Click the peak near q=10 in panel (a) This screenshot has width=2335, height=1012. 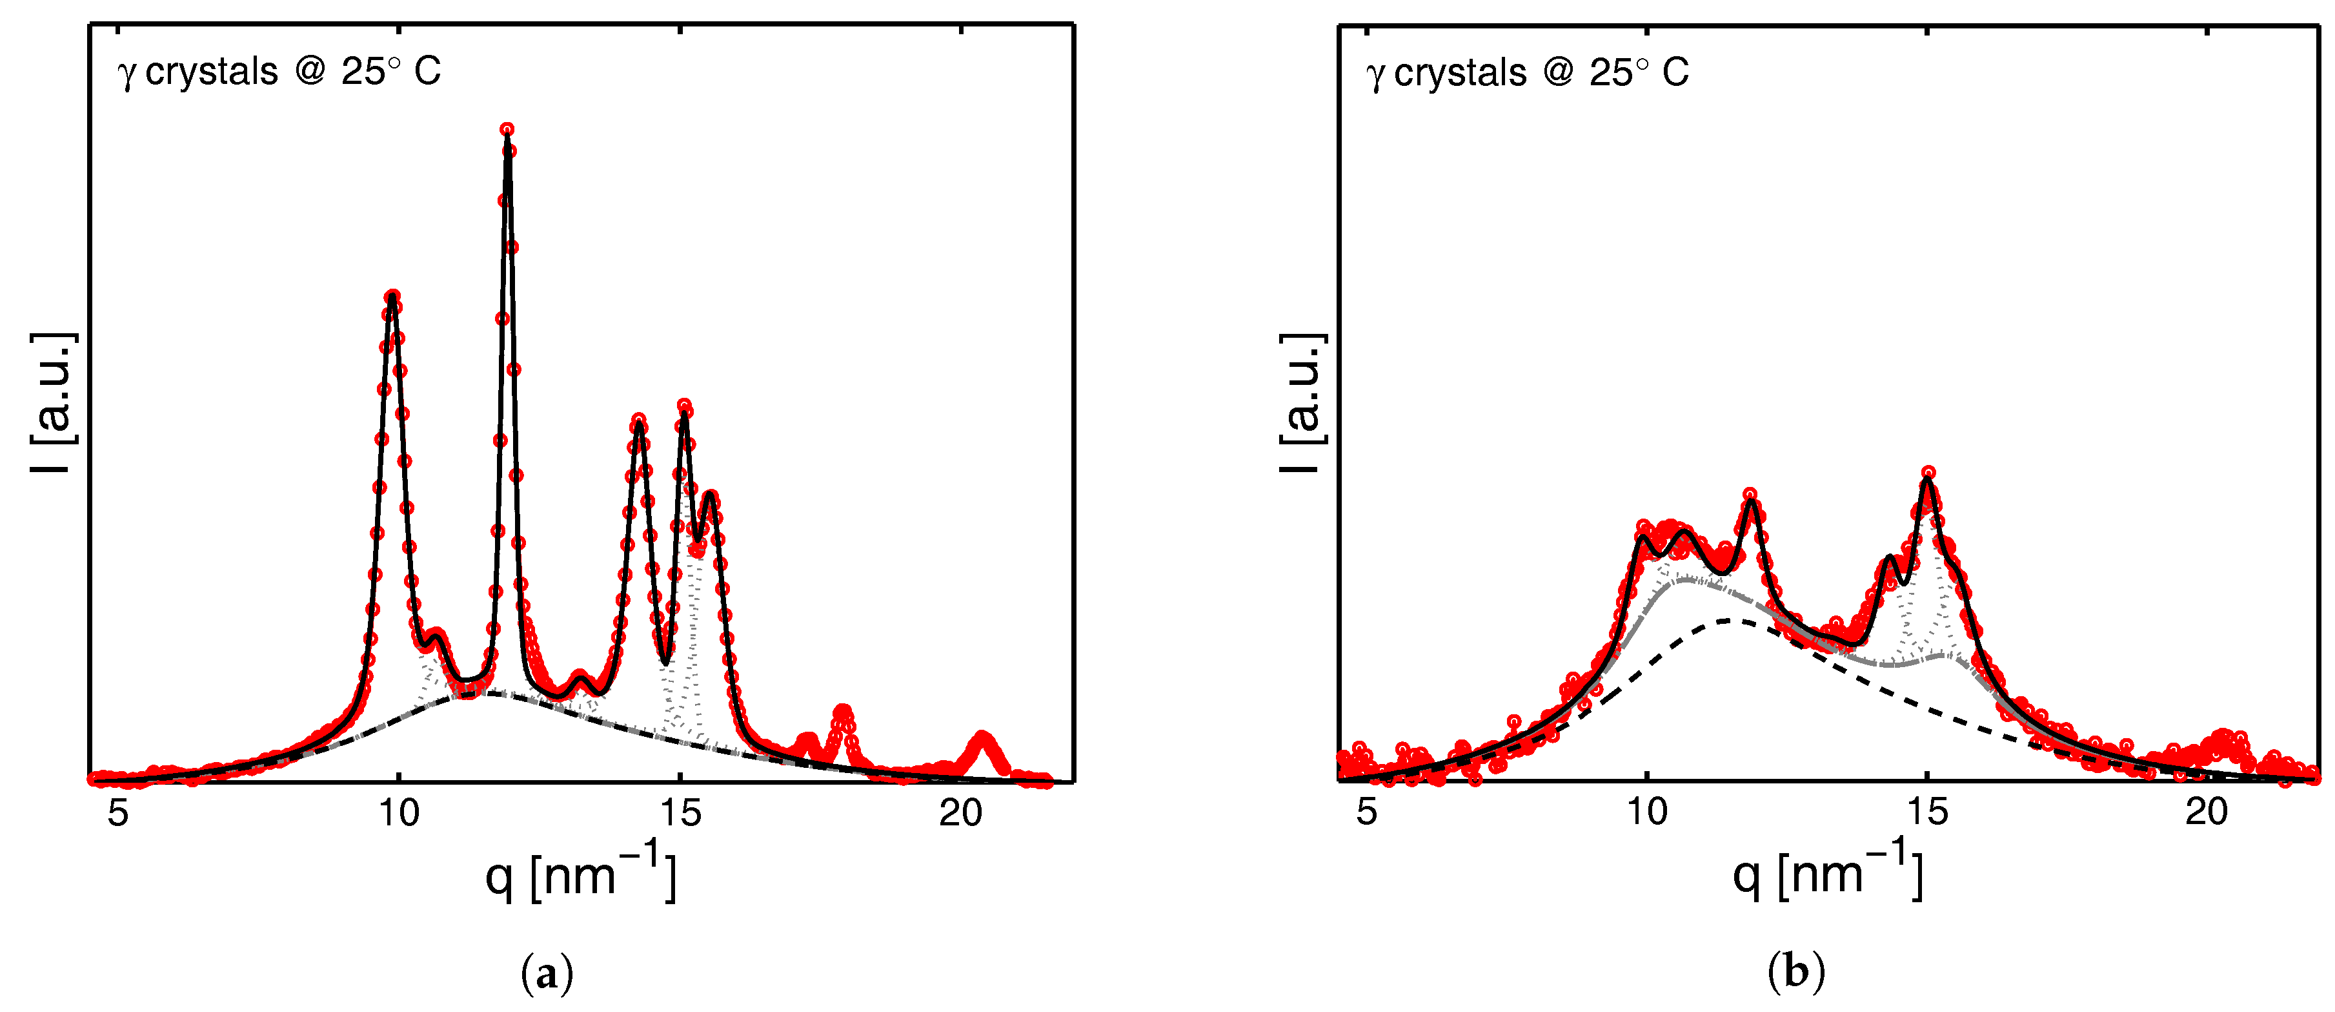coord(392,296)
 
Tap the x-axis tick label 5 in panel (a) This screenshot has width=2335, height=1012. coord(118,812)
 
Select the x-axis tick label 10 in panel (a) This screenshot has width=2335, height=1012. coord(399,812)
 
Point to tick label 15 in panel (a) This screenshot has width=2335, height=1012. coord(680,812)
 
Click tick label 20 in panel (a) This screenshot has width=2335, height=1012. coord(960,812)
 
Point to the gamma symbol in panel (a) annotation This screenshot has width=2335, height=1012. coord(127,74)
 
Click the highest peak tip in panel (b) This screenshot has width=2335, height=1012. coord(1928,473)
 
